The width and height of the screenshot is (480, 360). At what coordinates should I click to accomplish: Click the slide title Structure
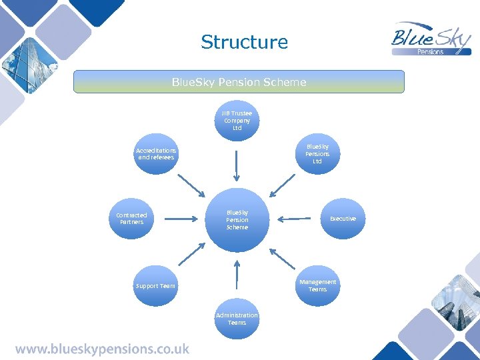[x=244, y=42]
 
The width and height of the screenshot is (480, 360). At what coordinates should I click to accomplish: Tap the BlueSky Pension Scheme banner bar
[x=239, y=82]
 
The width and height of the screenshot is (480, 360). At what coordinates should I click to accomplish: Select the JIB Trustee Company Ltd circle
[x=237, y=121]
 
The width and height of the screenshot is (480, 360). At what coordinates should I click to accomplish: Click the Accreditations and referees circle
[x=155, y=154]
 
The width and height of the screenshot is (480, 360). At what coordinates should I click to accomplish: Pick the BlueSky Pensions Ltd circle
[x=317, y=154]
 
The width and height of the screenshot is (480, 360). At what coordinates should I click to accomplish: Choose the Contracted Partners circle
[x=131, y=219]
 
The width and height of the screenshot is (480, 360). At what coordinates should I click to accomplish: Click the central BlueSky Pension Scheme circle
[x=237, y=219]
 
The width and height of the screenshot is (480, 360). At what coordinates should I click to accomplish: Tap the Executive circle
[x=343, y=219]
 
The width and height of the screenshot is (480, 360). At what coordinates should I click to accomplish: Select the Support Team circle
[x=155, y=286]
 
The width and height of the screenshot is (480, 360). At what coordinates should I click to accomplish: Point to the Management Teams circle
[x=317, y=285]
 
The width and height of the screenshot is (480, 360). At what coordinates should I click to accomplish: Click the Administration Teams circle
[x=237, y=319]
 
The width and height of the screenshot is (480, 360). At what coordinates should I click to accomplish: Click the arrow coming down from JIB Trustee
[x=237, y=165]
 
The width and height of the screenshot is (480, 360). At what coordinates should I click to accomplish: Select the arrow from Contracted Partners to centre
[x=177, y=219]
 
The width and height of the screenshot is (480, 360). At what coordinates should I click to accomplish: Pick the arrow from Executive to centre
[x=296, y=219]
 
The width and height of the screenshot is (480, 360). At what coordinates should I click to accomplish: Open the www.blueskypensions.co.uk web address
[x=103, y=349]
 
